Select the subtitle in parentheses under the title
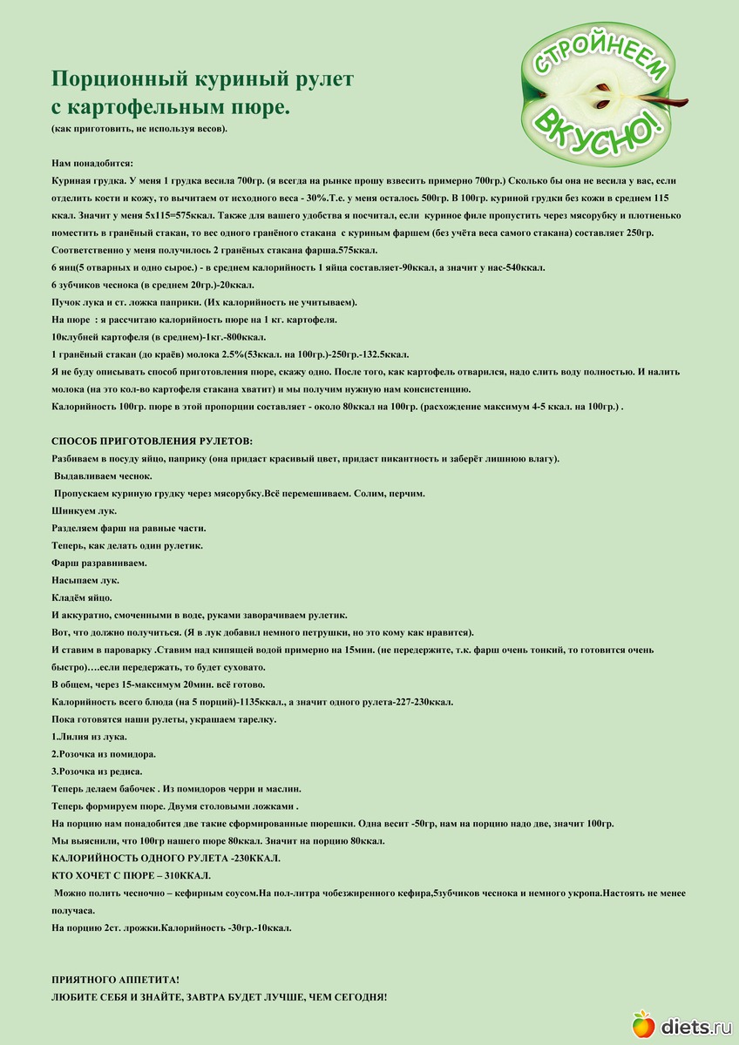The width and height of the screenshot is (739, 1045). point(139,129)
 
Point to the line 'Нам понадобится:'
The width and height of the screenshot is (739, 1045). point(92,163)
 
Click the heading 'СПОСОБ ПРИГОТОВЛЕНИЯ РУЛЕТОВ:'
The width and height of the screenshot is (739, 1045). point(153,442)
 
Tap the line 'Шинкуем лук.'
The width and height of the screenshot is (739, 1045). point(84,510)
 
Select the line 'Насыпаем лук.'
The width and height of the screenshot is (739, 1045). point(85,580)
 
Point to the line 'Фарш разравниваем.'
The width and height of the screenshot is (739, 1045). point(98,563)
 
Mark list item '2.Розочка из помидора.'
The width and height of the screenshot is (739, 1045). point(104,754)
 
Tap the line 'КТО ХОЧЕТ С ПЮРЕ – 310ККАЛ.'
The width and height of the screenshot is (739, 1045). point(131,875)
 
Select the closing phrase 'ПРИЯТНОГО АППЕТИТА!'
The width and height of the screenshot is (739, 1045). point(115,980)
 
